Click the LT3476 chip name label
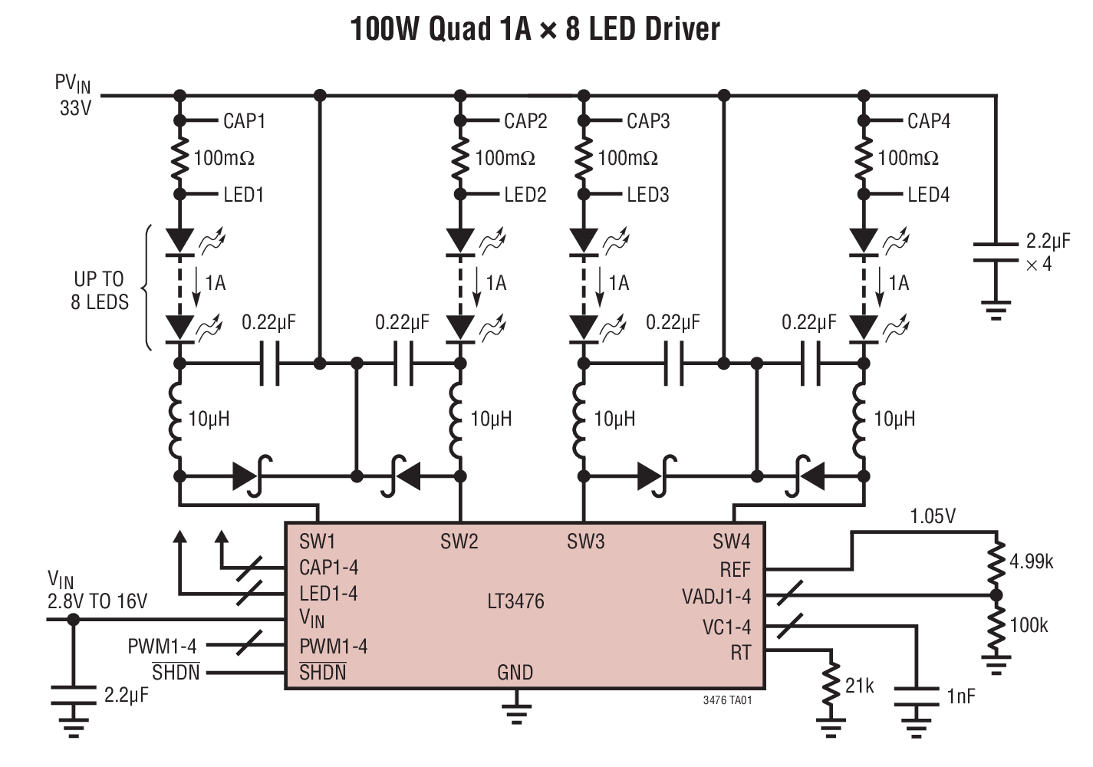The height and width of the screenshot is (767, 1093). [515, 601]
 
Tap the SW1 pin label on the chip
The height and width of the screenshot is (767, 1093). [317, 542]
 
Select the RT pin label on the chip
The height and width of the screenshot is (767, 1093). [740, 653]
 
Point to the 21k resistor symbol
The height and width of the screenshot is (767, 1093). [831, 687]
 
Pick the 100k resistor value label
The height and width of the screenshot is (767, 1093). [1029, 625]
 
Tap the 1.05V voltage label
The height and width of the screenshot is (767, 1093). [933, 516]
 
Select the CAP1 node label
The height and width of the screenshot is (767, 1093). [244, 121]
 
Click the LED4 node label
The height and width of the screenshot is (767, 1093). [928, 195]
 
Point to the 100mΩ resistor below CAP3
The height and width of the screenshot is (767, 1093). [584, 158]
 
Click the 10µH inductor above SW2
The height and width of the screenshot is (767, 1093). [460, 418]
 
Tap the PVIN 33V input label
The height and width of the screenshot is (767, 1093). [74, 95]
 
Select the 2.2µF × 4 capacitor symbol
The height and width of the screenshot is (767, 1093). [996, 253]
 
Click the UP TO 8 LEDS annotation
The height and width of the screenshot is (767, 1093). [99, 290]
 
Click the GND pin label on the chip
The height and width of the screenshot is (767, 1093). [515, 673]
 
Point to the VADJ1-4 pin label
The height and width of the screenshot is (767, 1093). [716, 596]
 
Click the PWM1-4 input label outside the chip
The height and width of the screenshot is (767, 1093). [161, 647]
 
